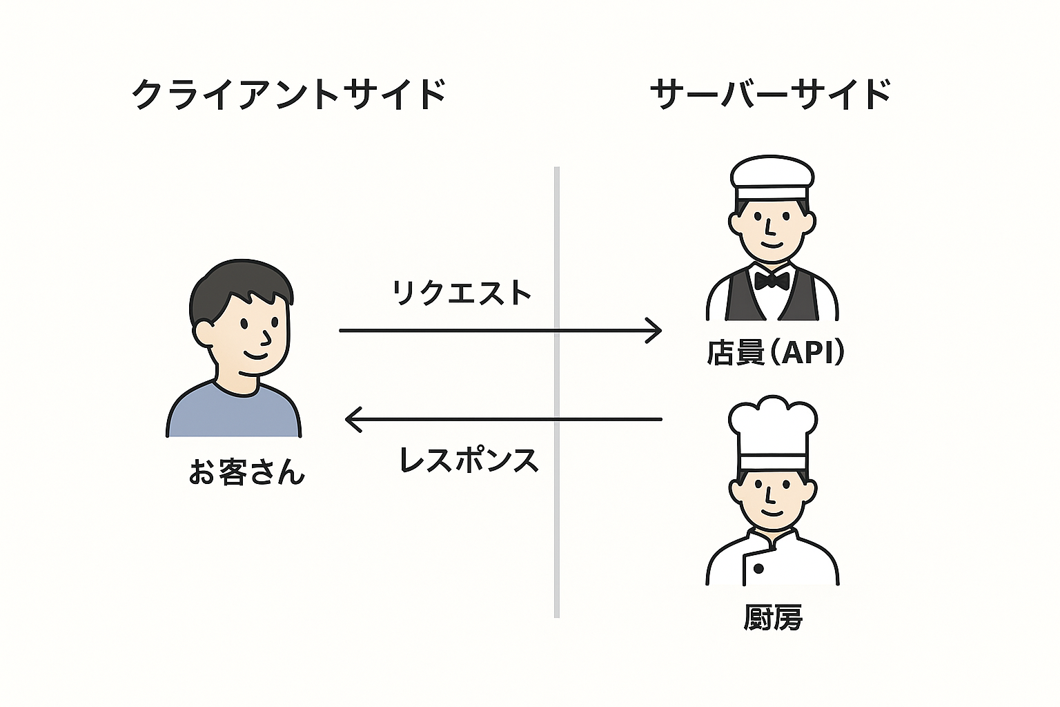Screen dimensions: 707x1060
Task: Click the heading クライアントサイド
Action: coord(288,94)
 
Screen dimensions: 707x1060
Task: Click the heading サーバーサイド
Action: coord(770,94)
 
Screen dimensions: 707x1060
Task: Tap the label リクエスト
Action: coord(461,293)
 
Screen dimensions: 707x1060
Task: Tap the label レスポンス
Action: coord(469,460)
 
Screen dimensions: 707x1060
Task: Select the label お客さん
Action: coord(246,473)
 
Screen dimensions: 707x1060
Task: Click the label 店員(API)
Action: coord(774,352)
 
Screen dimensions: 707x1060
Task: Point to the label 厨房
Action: coord(773,617)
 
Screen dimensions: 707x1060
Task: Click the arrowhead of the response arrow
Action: coord(352,419)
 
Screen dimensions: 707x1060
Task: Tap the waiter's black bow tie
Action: coord(772,280)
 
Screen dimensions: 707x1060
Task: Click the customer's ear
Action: coord(204,333)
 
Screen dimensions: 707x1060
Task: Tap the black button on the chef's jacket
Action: coord(758,569)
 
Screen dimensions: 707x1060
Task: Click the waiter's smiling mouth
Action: coord(771,244)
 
